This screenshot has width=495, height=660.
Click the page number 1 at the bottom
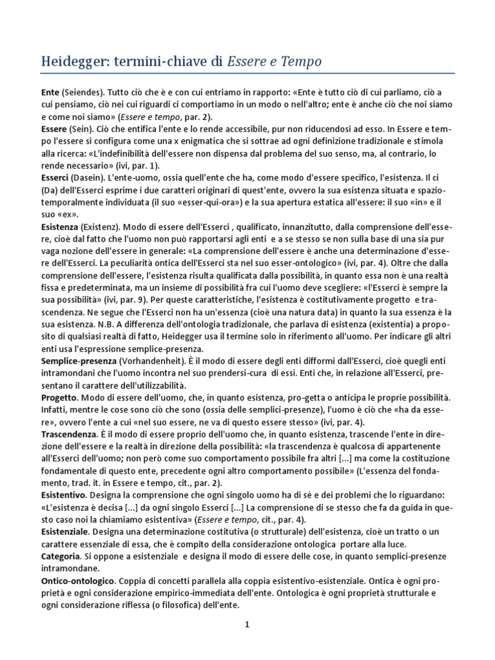[x=247, y=625]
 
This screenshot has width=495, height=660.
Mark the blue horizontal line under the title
[x=247, y=73]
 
